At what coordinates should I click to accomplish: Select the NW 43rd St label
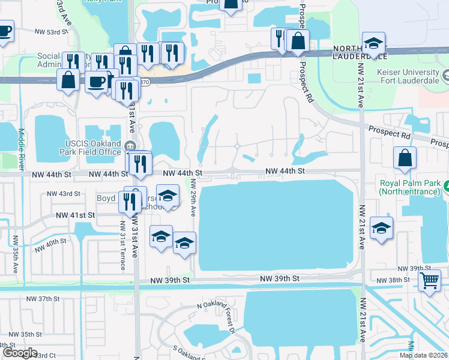tap(63, 194)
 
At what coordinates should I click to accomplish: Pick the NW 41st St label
tap(76, 215)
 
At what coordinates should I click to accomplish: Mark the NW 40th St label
tap(50, 245)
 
